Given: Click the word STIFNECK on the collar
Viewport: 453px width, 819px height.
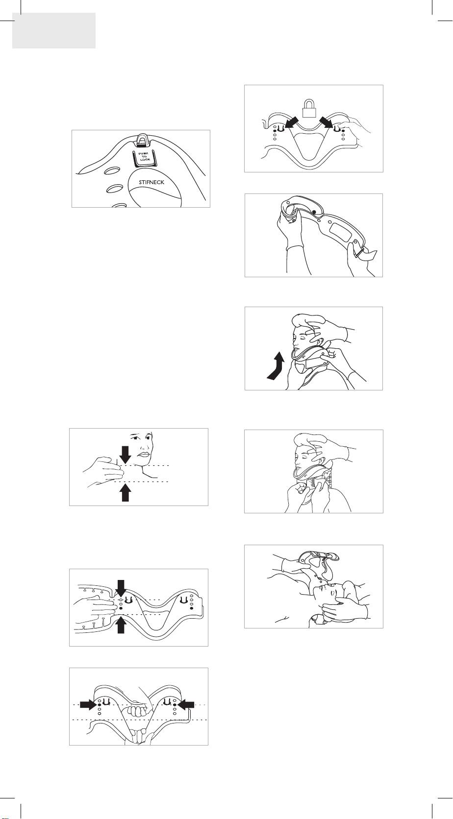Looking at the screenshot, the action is (x=151, y=182).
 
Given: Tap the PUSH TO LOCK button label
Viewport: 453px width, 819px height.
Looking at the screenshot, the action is (x=144, y=156).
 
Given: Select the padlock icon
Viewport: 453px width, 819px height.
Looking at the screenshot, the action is (x=308, y=109).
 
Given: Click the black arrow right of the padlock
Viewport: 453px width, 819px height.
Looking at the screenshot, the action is (x=327, y=122).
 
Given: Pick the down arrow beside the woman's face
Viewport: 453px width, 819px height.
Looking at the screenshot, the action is (x=126, y=454).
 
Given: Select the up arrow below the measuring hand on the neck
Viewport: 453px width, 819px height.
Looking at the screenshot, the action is (x=126, y=492).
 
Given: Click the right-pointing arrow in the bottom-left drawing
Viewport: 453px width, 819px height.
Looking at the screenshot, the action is (x=88, y=704).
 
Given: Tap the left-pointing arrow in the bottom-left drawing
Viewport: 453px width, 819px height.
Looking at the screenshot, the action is (x=185, y=704).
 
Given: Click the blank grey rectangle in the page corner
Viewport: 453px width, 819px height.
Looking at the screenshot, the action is (x=54, y=31).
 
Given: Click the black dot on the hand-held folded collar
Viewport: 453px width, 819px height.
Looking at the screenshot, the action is (x=314, y=212).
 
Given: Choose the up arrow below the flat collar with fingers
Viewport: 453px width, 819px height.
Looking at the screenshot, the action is (x=121, y=624).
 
